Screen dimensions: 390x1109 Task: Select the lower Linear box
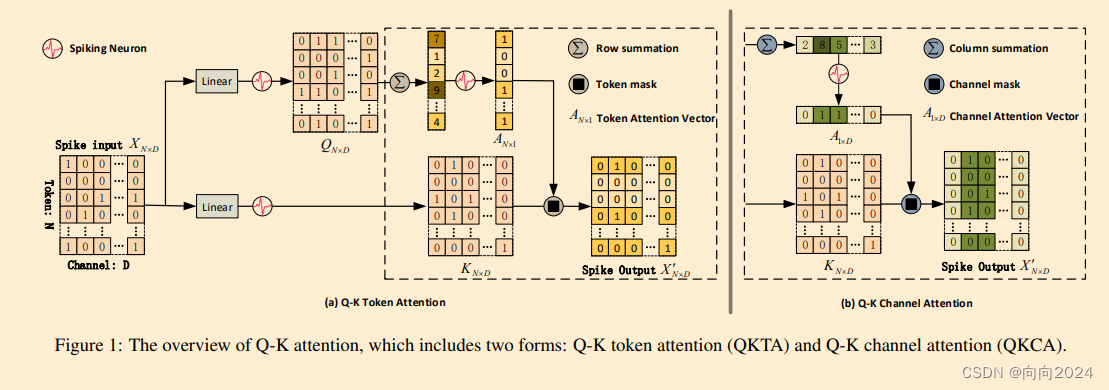click(x=215, y=207)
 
